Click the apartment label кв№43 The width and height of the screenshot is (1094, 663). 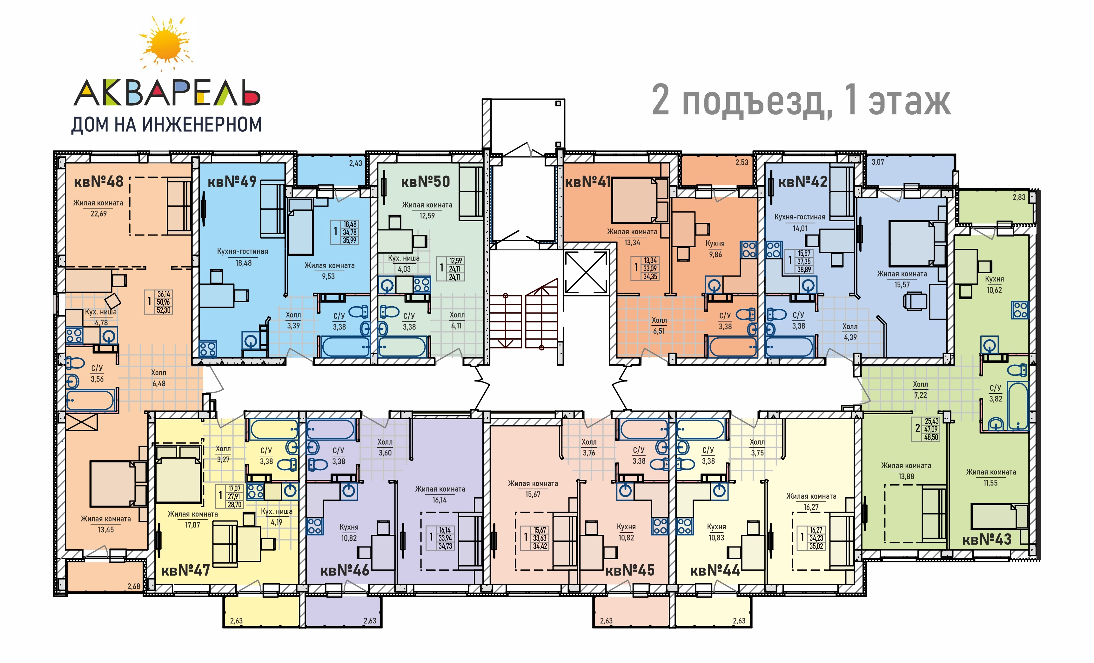[x=987, y=539]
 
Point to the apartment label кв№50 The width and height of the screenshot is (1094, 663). [x=425, y=182]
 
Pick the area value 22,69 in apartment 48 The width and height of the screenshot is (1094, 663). [x=98, y=214]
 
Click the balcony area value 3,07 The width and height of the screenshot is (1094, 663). [x=878, y=162]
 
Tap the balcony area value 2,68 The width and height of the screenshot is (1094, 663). [x=134, y=586]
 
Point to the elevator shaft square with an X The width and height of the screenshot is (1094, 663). [x=586, y=272]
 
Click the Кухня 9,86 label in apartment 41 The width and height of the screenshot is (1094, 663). [x=715, y=249]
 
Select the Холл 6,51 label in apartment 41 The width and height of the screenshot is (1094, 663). [x=659, y=325]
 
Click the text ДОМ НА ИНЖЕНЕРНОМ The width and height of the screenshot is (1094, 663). [x=166, y=125]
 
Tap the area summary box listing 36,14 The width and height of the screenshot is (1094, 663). [x=158, y=302]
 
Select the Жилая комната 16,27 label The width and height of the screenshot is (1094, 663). [x=811, y=501]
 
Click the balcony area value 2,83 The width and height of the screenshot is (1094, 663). [x=1019, y=197]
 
